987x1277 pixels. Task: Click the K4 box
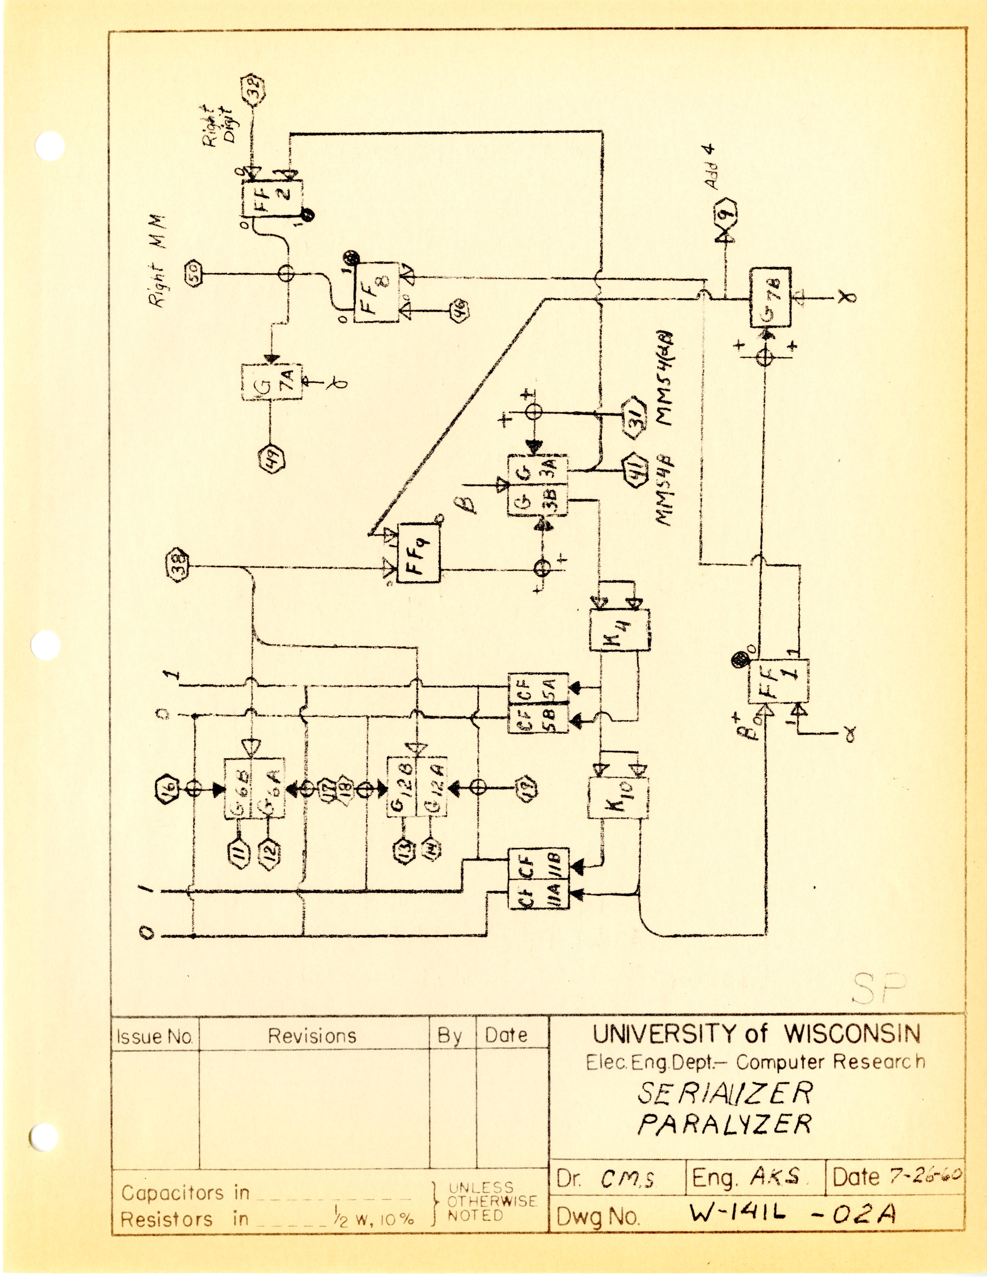pos(619,630)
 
